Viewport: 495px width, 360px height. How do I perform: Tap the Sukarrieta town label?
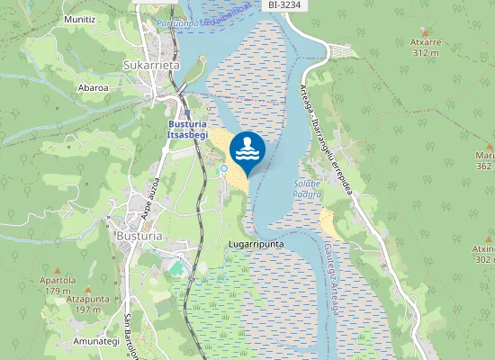coord(151,65)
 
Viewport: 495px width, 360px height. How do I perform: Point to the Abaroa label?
coord(94,88)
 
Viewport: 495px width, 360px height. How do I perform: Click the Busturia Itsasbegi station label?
coord(187,129)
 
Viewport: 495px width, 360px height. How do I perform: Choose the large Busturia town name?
coord(139,236)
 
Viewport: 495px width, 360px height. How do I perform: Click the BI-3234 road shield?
coord(284,5)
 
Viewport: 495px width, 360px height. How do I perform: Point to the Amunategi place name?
coord(96,341)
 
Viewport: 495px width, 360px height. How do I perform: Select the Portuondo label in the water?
coord(176,23)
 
